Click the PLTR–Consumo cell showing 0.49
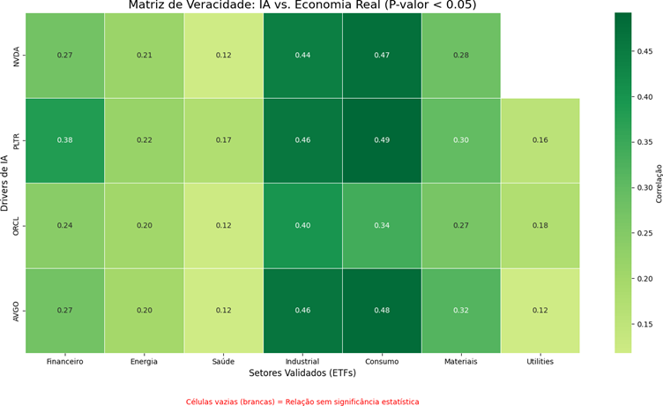coord(382,140)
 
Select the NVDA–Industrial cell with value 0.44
coord(302,56)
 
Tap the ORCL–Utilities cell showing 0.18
coord(540,225)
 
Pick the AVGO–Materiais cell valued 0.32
coord(461,310)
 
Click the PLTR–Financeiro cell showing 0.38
coord(64,140)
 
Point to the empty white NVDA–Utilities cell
coord(540,56)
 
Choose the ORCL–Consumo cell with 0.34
coord(382,225)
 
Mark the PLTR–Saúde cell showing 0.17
coord(223,140)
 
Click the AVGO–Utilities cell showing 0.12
coord(540,310)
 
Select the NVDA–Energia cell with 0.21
coord(144,56)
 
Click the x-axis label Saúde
coord(223,361)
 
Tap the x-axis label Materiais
coord(461,361)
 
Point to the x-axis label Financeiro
coord(64,361)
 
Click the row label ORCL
coord(16,225)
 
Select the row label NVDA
coord(16,56)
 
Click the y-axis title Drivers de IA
coord(5,183)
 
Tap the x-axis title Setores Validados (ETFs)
coord(302,374)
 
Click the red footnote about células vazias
coord(302,402)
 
